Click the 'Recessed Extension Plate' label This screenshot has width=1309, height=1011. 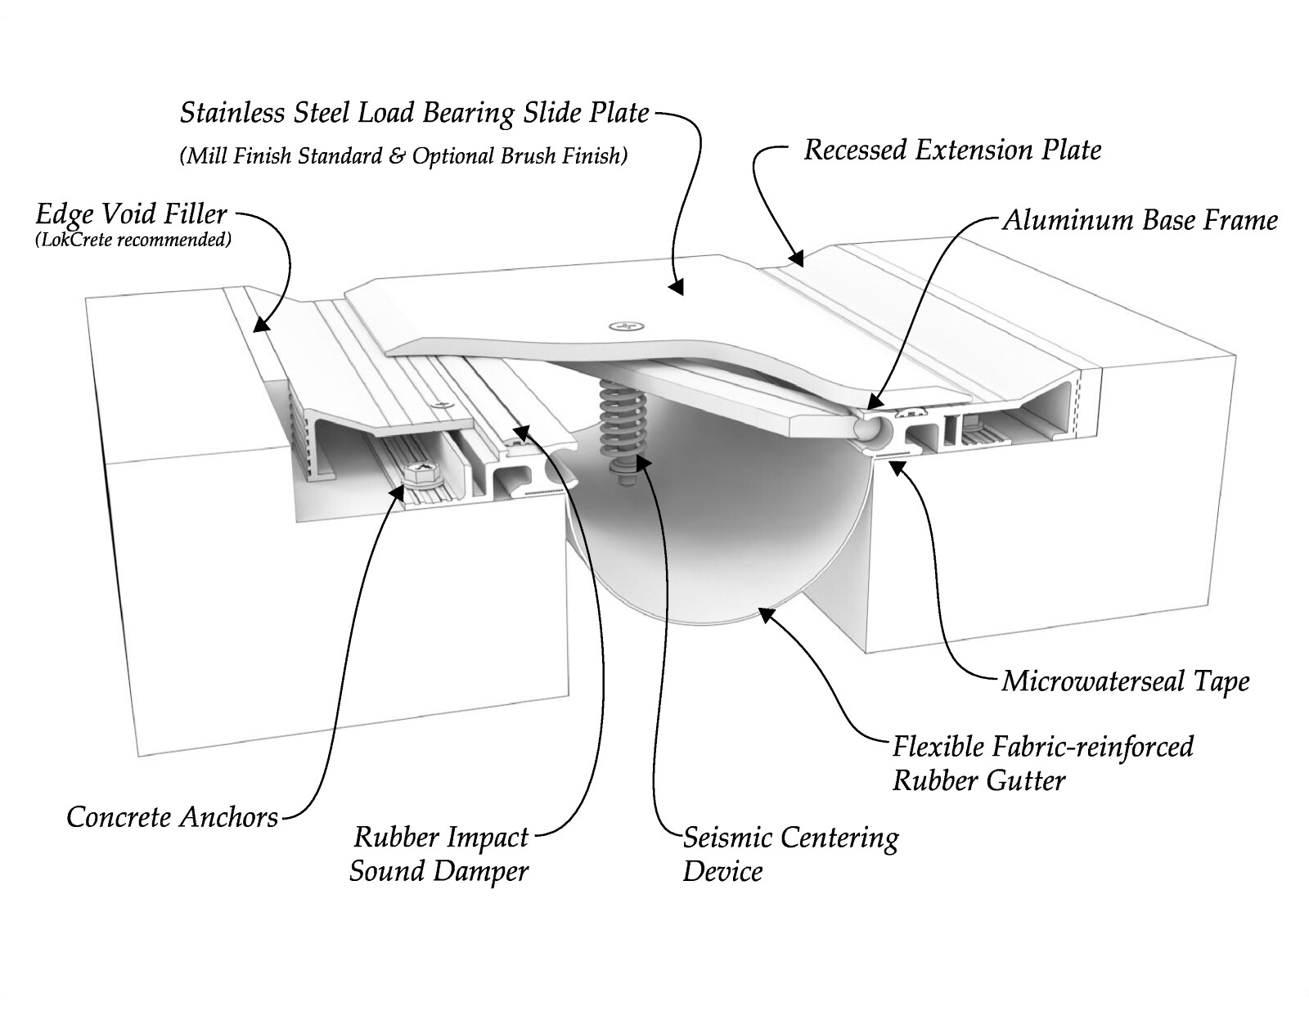click(x=952, y=150)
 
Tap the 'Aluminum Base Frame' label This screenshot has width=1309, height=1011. click(x=1140, y=220)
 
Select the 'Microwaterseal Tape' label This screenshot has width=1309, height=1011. click(x=1125, y=682)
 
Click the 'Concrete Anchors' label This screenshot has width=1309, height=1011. click(x=173, y=817)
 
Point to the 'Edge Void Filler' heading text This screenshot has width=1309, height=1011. click(x=132, y=213)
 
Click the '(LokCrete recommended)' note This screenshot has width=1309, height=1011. click(x=133, y=240)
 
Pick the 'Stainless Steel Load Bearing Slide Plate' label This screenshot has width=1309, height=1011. click(x=415, y=113)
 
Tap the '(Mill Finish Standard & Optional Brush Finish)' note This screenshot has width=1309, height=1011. click(x=403, y=156)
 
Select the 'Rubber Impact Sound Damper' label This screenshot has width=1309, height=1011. click(x=439, y=855)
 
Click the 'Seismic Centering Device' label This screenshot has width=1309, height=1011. click(x=790, y=855)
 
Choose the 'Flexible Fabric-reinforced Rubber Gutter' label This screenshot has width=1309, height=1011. click(x=1043, y=763)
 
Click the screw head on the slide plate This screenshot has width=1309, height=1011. click(x=627, y=326)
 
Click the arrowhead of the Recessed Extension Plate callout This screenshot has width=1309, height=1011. click(x=796, y=258)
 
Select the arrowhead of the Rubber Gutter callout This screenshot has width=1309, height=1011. click(x=765, y=614)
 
